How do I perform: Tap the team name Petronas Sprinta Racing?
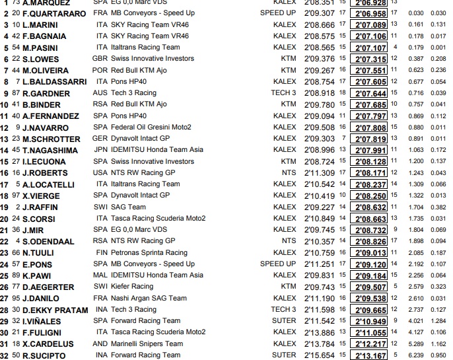(149, 252)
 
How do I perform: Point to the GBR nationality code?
(100, 59)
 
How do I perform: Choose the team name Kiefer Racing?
(136, 287)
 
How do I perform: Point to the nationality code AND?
(100, 344)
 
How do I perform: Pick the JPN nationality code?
(100, 150)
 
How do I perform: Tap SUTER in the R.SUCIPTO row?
(285, 355)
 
